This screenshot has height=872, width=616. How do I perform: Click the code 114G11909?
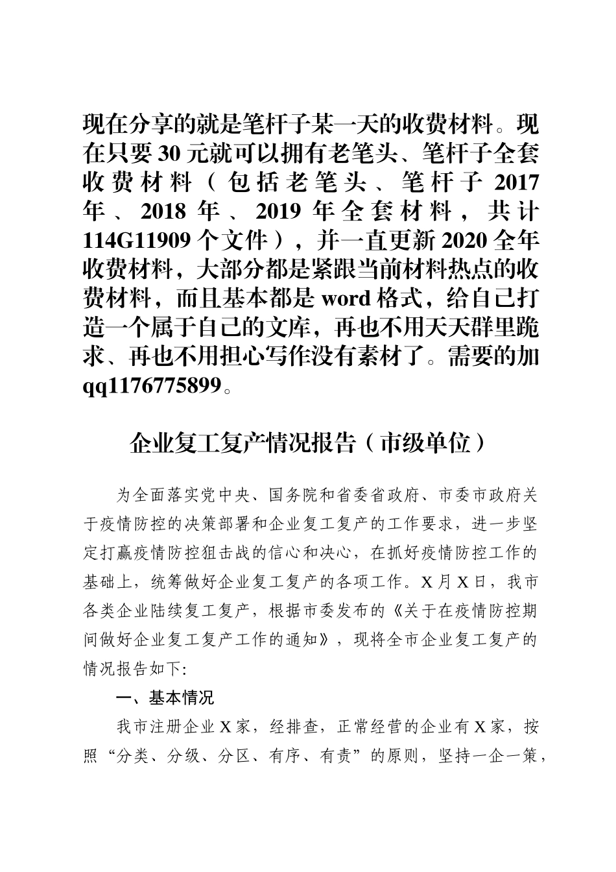pyautogui.click(x=136, y=241)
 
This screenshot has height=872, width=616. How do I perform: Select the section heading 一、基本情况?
pyautogui.click(x=165, y=698)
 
